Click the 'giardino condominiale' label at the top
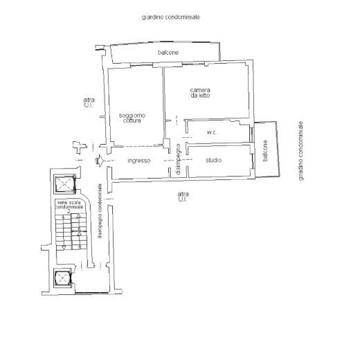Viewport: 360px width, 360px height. [x=171, y=17]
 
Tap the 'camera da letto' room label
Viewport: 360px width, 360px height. [x=200, y=93]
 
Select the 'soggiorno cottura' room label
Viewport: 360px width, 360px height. [x=132, y=118]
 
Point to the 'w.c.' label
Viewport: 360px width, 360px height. [x=212, y=132]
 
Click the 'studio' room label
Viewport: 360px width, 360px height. [x=213, y=160]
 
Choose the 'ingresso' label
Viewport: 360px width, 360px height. [x=139, y=161]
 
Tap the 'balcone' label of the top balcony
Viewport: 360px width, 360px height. [x=168, y=53]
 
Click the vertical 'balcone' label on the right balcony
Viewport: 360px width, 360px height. [x=265, y=150]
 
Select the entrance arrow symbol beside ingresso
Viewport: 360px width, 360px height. [x=100, y=161]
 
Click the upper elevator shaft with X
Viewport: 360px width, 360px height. [x=65, y=183]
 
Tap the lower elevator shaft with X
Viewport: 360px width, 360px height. [x=62, y=278]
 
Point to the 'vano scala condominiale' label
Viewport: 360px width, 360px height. [x=69, y=205]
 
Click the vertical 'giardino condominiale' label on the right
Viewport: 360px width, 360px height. [x=300, y=151]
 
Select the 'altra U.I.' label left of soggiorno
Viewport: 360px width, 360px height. [x=89, y=102]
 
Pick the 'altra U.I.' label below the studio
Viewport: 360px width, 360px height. [x=183, y=197]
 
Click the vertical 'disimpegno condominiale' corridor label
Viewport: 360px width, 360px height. [x=100, y=210]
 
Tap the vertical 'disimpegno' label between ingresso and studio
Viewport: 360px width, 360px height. [x=178, y=159]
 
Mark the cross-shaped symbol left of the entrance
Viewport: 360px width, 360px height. [x=80, y=147]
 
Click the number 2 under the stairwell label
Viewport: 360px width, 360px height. [x=69, y=211]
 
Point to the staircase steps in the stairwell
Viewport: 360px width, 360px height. [x=71, y=231]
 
